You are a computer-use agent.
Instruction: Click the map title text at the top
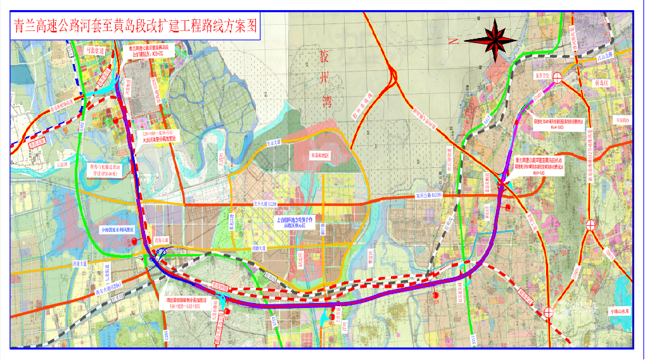[135, 28]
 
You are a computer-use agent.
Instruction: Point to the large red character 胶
[326, 60]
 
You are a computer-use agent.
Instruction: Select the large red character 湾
[326, 99]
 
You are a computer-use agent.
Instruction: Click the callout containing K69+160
[539, 166]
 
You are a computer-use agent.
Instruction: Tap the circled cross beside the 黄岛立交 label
[557, 79]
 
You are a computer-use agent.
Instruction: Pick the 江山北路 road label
[606, 56]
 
